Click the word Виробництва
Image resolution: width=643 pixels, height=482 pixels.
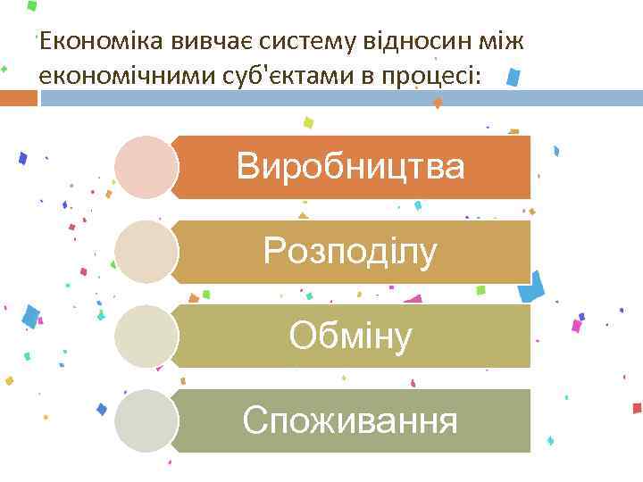(x=350, y=167)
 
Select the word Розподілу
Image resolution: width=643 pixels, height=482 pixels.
(x=350, y=252)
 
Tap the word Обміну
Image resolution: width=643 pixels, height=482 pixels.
(x=350, y=336)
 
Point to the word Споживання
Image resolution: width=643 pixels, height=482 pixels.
(x=350, y=420)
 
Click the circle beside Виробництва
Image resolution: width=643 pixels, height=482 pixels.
(x=146, y=167)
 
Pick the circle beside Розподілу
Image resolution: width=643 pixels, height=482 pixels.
(x=146, y=252)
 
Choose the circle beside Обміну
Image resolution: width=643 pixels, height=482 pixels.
(x=146, y=336)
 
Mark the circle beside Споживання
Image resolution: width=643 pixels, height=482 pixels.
(x=146, y=420)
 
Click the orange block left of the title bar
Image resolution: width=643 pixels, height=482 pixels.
(x=18, y=97)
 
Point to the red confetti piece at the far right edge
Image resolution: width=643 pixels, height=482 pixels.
(x=637, y=408)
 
